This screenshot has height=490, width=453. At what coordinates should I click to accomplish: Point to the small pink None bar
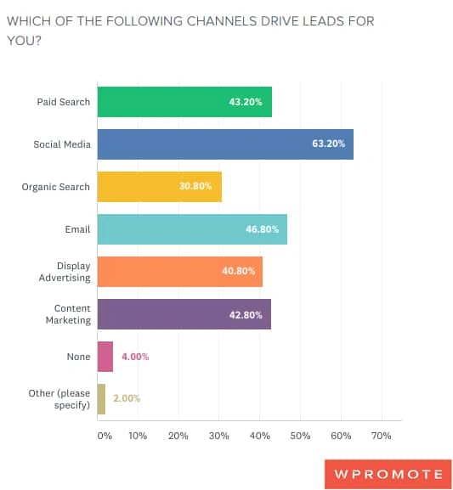[x=105, y=357]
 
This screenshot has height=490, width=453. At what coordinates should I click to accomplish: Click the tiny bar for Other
[x=101, y=398]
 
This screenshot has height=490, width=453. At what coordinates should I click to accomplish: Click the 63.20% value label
[x=328, y=144]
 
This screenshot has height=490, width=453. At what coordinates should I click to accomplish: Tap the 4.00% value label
[x=134, y=357]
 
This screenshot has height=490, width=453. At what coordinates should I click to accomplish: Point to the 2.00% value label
[x=126, y=398]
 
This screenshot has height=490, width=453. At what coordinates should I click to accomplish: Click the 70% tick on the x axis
[x=381, y=436]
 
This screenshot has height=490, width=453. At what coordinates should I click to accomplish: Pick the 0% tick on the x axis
[x=104, y=436]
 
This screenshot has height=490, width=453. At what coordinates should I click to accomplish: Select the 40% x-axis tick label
[x=259, y=436]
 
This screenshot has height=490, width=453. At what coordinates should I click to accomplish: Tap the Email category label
[x=76, y=229]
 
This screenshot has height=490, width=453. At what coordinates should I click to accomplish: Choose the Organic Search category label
[x=55, y=187]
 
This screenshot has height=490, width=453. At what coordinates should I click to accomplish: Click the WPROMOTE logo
[x=387, y=474]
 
